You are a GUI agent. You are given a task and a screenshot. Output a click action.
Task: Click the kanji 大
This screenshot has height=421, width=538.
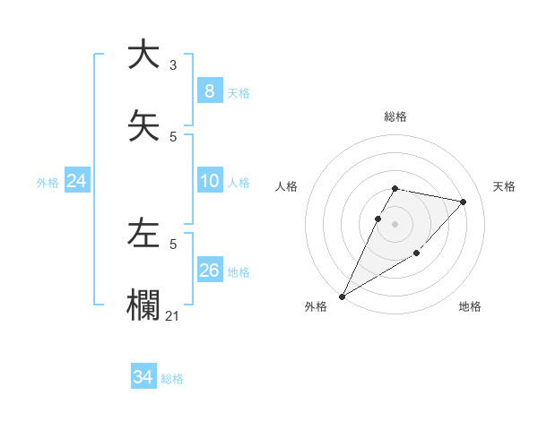[x=143, y=55]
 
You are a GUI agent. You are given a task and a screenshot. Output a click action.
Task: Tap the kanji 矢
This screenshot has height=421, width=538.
[x=143, y=125]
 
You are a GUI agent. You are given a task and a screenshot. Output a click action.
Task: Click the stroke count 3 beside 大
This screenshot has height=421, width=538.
[x=173, y=65]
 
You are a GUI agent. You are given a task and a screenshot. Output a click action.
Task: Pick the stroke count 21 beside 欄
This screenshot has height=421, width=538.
[x=173, y=315]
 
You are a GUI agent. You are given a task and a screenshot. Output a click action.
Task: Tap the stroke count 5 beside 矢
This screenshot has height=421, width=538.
[x=173, y=136]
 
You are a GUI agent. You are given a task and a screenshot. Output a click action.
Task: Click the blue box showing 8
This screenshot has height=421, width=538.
[x=209, y=91]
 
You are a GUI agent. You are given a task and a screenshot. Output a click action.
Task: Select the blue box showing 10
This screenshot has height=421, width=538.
[x=209, y=181]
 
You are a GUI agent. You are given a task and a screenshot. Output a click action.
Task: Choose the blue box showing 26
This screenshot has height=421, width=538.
[x=209, y=271]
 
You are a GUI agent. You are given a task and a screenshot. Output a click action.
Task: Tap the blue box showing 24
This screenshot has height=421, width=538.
[x=76, y=181]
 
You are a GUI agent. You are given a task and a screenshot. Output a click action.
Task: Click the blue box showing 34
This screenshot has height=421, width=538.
[x=143, y=378]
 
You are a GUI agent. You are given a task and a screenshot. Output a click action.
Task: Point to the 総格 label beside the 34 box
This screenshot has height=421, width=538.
[x=172, y=379]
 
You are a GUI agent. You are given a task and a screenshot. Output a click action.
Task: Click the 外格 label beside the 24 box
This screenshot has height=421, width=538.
[x=48, y=182]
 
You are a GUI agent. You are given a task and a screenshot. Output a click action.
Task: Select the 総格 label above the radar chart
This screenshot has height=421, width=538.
[x=395, y=116]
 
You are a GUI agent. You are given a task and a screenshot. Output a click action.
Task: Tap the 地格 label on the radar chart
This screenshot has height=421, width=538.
[x=470, y=306]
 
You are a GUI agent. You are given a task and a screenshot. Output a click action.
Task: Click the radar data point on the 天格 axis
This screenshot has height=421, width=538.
[x=464, y=202]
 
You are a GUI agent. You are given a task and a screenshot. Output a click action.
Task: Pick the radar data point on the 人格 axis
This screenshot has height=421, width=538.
[x=378, y=219]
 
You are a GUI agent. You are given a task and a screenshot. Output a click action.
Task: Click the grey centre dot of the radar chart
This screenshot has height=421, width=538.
[x=395, y=224]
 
